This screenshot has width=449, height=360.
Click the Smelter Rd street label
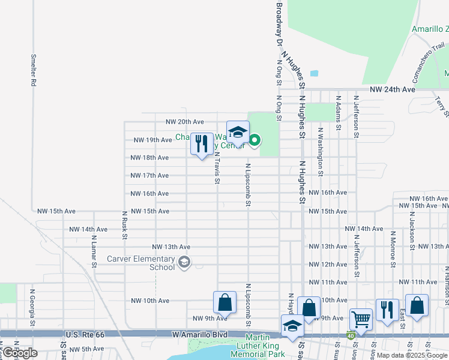click(x=34, y=71)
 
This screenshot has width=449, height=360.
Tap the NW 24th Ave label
click(x=393, y=89)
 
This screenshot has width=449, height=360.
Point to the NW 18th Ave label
click(x=150, y=158)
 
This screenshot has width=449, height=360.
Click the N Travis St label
click(x=217, y=167)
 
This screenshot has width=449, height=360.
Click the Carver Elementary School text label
click(x=140, y=263)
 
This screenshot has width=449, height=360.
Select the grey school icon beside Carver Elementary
click(x=184, y=262)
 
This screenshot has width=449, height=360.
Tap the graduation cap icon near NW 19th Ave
click(x=238, y=132)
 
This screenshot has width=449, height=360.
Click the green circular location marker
click(x=255, y=141)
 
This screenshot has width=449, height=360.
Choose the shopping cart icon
click(x=361, y=319)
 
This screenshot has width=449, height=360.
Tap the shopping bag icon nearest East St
click(x=417, y=305)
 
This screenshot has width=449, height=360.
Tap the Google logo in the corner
click(x=20, y=353)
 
